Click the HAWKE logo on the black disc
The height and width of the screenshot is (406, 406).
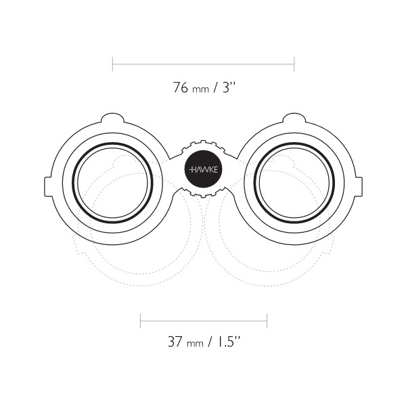[x=204, y=170]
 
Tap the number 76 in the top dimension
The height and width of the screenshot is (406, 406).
[x=181, y=87]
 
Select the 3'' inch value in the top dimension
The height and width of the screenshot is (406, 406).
[x=229, y=87]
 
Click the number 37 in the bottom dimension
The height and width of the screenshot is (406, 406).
[x=175, y=342]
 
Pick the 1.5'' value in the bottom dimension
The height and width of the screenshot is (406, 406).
[x=228, y=342]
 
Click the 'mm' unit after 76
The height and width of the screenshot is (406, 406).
[x=201, y=89]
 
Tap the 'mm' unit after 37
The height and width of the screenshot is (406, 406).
[x=195, y=344]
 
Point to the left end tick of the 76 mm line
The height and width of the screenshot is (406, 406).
[x=112, y=64]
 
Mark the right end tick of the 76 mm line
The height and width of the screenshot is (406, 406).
[x=294, y=64]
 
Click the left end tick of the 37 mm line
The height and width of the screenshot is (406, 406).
[x=140, y=321]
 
